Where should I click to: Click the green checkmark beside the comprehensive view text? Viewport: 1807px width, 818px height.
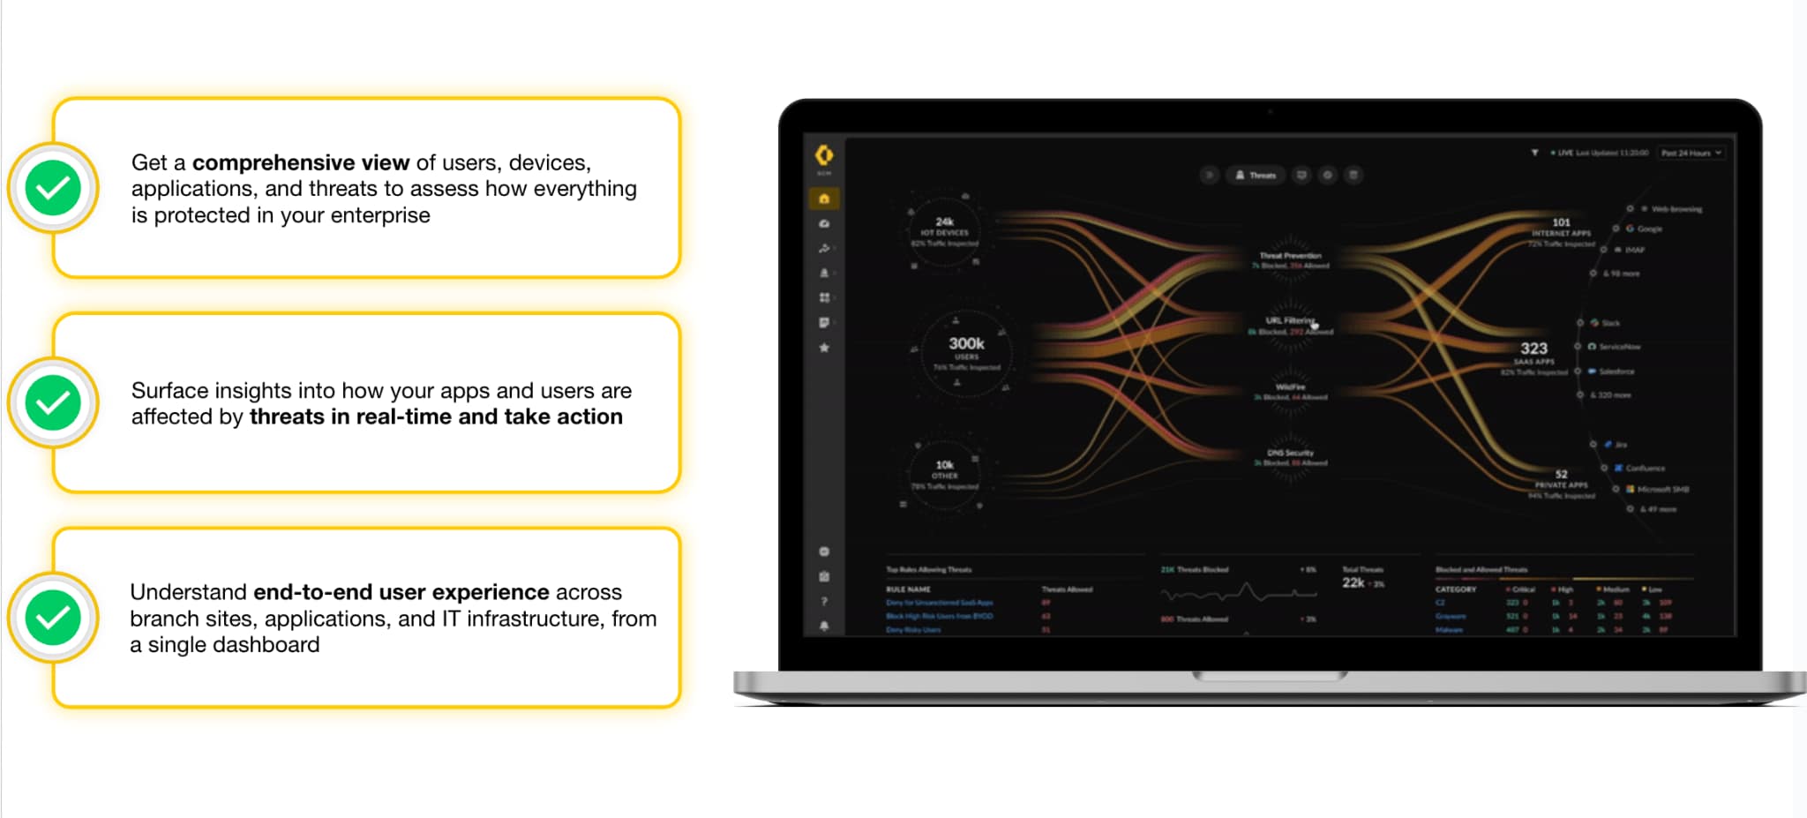(53, 188)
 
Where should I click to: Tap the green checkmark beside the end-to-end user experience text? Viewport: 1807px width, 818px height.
(53, 618)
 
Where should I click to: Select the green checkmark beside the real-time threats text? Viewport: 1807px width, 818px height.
(53, 403)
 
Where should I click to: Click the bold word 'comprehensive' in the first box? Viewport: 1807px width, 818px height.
(301, 163)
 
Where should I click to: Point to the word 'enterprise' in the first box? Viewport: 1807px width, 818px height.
(380, 215)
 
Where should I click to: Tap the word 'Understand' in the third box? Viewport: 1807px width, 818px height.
(188, 592)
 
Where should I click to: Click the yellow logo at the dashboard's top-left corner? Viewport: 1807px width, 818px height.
(824, 155)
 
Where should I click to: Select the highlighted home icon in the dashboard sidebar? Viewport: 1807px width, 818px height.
(824, 199)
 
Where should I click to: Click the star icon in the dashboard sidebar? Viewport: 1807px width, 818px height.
(824, 348)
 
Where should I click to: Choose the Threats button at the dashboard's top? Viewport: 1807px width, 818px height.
(1256, 176)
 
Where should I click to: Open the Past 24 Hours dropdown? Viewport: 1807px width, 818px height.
(1691, 153)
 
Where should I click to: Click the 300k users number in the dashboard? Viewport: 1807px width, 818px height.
(966, 343)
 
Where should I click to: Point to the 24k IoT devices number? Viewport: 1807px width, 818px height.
(944, 221)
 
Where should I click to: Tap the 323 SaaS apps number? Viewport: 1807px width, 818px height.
(1533, 349)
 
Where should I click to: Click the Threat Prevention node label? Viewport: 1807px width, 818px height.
(1290, 255)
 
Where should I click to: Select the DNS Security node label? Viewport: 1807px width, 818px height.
(1290, 453)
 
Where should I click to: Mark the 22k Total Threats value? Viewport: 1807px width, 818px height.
(1353, 582)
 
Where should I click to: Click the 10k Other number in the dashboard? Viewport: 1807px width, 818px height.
(944, 465)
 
